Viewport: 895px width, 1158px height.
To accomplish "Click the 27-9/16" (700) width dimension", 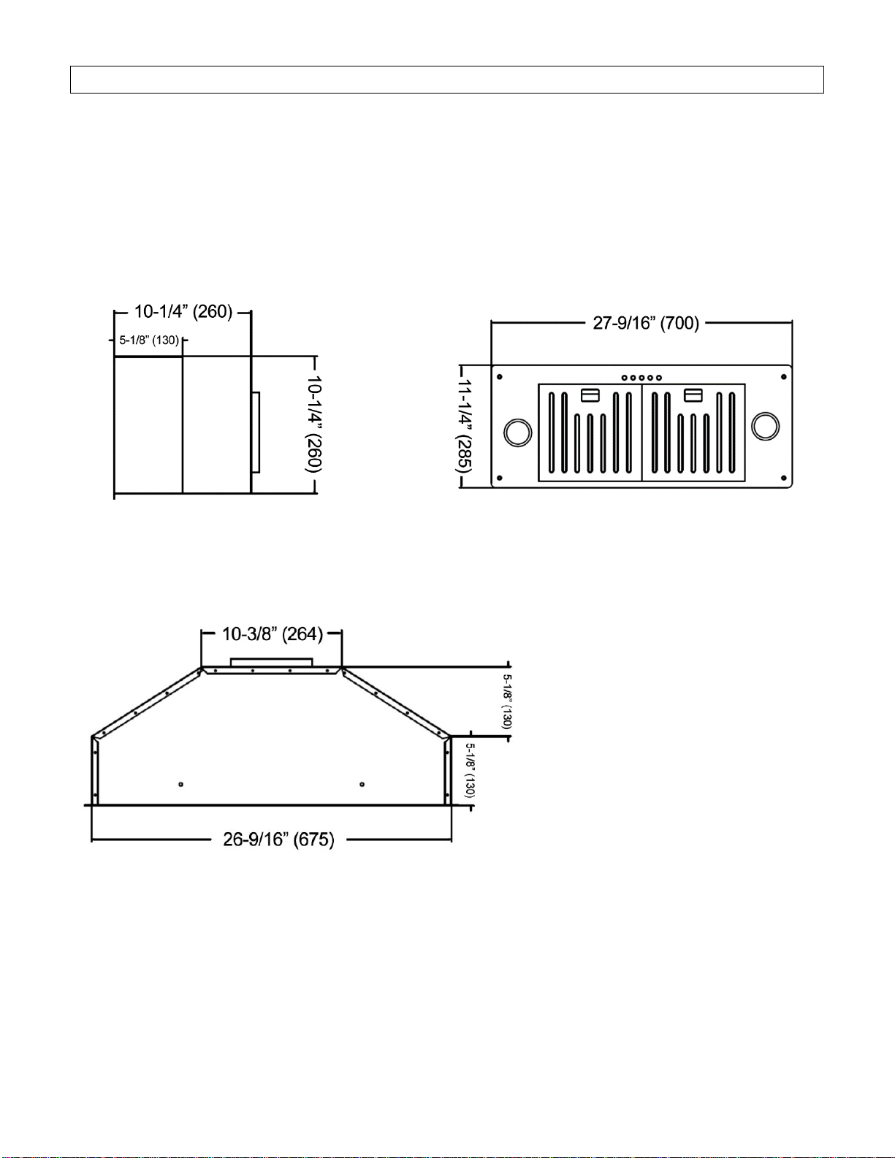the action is [646, 323].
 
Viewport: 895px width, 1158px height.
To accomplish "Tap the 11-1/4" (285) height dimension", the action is [464, 427].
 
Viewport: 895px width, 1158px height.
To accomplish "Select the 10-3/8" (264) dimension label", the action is [273, 634].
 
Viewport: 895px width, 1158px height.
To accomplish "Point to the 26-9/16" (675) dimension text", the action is [278, 839].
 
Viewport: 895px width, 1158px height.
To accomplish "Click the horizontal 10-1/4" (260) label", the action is [183, 311].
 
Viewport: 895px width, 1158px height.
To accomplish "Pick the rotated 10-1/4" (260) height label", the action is [313, 424].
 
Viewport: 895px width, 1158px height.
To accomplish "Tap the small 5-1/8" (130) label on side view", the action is [148, 340].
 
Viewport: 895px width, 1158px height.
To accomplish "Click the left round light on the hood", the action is [517, 433].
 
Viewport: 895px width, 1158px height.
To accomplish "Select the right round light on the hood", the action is [766, 427].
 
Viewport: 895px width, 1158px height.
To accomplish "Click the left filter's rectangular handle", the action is [590, 395].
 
